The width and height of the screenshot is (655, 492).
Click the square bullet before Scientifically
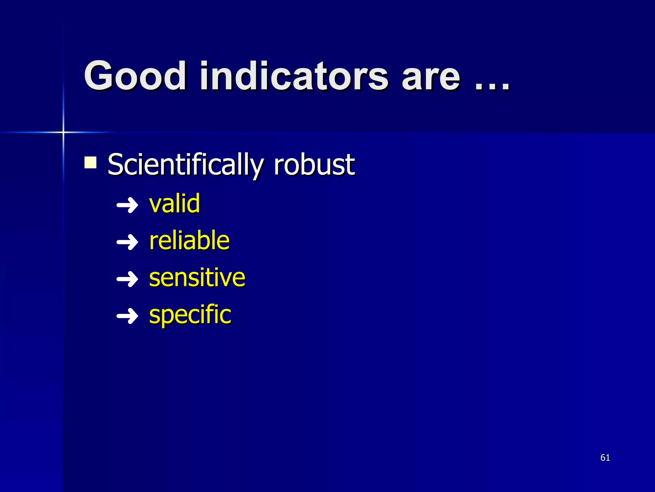91,162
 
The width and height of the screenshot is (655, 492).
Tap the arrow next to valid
127,205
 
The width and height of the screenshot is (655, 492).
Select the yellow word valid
175,204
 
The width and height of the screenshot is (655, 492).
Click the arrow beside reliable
127,242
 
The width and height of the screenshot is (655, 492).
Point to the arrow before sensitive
127,279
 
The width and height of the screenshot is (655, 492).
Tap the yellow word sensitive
197,278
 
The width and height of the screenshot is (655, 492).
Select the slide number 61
605,457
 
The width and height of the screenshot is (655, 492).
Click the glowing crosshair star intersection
63,132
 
